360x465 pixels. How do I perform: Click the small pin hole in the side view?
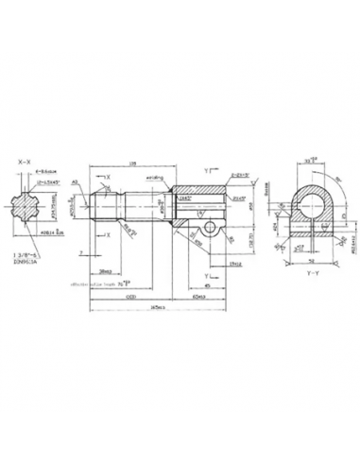coord(208,230)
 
